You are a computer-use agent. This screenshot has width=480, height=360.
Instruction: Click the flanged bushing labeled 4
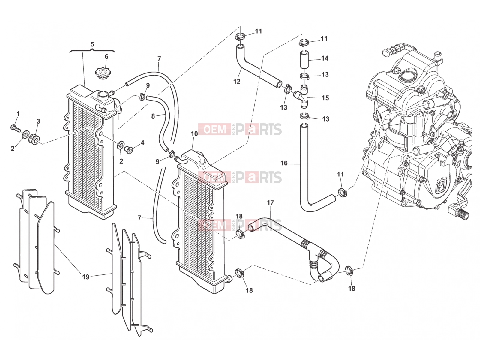click(129, 150)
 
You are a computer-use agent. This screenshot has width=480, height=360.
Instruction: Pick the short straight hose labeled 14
click(304, 59)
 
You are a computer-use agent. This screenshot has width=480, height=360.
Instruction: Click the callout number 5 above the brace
click(92, 44)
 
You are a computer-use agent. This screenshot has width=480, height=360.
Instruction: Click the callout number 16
click(284, 163)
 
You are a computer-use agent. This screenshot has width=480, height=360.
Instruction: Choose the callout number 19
click(86, 277)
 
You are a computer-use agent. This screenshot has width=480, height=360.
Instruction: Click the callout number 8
click(153, 116)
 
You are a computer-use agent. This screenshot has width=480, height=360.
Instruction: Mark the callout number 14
click(325, 58)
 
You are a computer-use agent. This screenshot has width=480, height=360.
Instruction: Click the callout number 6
click(106, 57)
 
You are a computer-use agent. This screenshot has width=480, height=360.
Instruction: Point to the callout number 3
click(38, 121)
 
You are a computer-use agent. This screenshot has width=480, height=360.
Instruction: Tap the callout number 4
click(142, 143)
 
